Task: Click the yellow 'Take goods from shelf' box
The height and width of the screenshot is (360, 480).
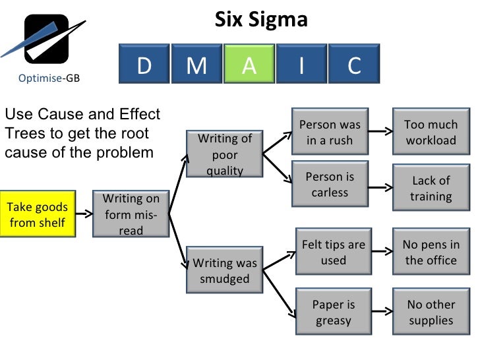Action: point(38,215)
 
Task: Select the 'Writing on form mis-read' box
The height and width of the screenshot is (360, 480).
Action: point(131,214)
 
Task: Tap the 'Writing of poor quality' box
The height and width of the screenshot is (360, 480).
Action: point(225,154)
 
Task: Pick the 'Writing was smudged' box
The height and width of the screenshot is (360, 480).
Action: point(225,270)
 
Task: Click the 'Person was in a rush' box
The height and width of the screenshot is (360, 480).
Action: point(330,133)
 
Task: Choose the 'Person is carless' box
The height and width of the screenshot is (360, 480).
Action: point(330,185)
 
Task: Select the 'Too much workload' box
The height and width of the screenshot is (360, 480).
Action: point(431,132)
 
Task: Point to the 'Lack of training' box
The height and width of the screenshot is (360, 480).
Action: point(431,188)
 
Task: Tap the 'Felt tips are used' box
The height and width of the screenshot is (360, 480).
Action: point(333,252)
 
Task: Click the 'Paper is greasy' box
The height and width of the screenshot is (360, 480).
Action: point(333,313)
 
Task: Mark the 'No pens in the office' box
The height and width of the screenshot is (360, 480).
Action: point(431,252)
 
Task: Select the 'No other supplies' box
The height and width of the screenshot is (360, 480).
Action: point(431,313)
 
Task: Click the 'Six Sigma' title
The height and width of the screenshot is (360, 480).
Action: point(261,20)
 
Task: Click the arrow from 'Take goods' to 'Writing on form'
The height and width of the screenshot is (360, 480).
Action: point(82,214)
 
